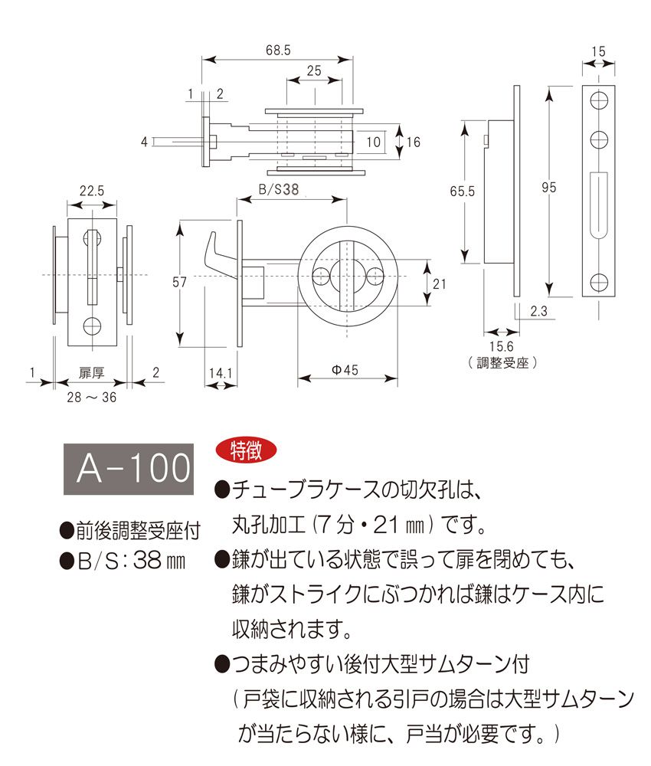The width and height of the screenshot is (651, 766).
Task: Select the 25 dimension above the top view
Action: (x=313, y=70)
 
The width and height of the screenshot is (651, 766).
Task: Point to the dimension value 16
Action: (x=414, y=142)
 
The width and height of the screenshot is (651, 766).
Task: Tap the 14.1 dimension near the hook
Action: (x=219, y=373)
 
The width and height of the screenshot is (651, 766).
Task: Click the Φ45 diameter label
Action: (x=345, y=370)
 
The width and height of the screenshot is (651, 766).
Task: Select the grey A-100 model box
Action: (x=126, y=467)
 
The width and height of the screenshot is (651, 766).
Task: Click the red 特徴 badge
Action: (x=240, y=450)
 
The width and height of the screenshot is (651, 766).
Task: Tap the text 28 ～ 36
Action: (x=91, y=396)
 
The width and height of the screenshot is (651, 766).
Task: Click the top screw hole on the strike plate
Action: (x=600, y=100)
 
